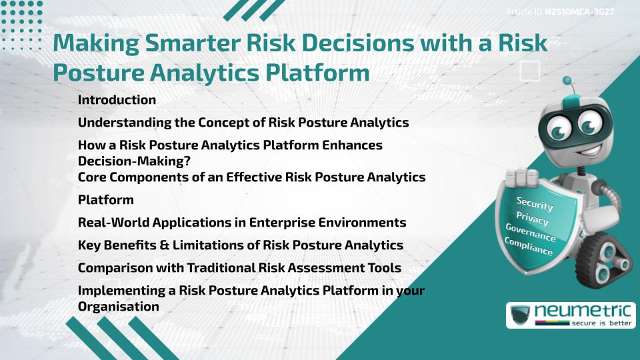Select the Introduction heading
pyautogui.click(x=117, y=100)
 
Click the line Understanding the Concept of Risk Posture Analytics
pyautogui.click(x=243, y=123)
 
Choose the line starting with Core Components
pyautogui.click(x=251, y=177)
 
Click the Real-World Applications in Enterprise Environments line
pyautogui.click(x=242, y=223)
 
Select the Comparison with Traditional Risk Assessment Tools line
pyautogui.click(x=239, y=268)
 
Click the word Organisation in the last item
pyautogui.click(x=119, y=307)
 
